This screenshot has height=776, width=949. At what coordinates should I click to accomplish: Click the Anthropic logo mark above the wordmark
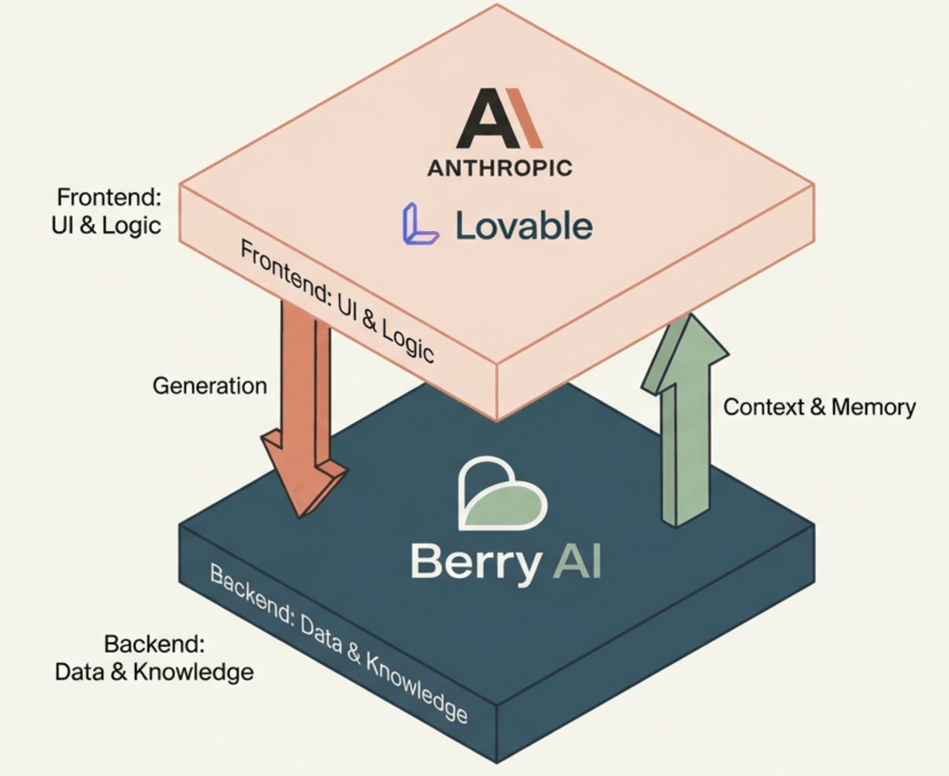(500, 122)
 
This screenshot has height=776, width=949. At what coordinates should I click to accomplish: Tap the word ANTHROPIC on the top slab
(500, 167)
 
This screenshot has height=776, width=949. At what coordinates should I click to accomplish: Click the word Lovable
(524, 226)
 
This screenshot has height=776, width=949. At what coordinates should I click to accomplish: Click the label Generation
(210, 385)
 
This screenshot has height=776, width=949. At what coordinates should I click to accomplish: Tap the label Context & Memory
(819, 407)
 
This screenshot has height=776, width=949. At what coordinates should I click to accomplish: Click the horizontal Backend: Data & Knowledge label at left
(154, 658)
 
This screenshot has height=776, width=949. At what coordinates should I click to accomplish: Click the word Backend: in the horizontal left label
(154, 644)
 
